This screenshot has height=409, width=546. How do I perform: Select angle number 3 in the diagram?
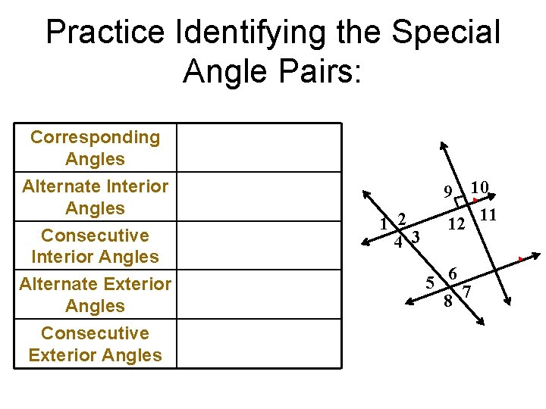(416, 237)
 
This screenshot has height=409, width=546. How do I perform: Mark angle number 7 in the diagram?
(467, 292)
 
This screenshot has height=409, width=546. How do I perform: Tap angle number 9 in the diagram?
(449, 190)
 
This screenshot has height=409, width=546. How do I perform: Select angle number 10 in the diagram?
(479, 187)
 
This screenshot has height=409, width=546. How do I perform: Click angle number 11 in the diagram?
(488, 215)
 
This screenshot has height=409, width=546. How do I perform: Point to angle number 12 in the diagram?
(456, 225)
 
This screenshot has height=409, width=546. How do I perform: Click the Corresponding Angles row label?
(95, 148)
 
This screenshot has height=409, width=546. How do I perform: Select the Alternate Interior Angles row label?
(95, 196)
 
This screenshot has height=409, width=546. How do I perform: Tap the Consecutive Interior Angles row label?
(95, 245)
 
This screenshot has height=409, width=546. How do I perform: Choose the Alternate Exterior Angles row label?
(95, 295)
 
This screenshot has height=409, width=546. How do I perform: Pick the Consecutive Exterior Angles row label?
(95, 344)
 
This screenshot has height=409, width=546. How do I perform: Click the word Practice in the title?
(104, 33)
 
